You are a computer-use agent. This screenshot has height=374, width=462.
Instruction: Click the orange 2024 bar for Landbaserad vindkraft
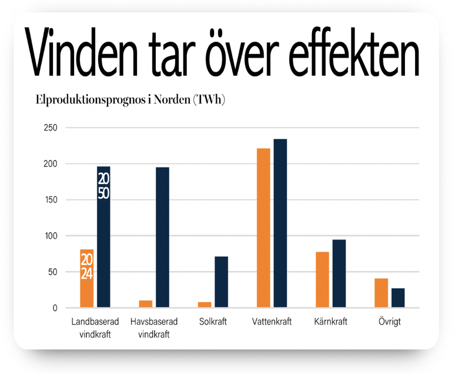point(86,279)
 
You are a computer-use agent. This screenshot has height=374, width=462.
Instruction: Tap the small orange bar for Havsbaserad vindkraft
point(146,304)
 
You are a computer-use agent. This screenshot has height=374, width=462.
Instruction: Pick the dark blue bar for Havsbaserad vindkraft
point(162,238)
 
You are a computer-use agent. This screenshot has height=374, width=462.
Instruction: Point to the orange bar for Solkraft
point(205,305)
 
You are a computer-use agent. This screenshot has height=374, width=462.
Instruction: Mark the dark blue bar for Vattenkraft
point(280,223)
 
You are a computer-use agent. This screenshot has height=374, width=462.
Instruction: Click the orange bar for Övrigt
point(381,293)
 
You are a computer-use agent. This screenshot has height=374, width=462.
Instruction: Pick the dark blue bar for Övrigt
point(398,298)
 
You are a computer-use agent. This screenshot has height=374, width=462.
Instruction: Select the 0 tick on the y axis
point(55,308)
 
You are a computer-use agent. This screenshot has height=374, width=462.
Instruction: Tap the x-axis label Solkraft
point(213,322)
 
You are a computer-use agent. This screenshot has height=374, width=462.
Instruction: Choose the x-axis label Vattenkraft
point(272,322)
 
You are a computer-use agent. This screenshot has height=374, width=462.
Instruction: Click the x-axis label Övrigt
point(390,322)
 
